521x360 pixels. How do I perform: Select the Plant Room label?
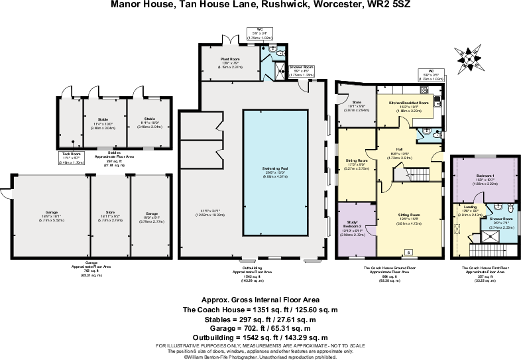[229, 59]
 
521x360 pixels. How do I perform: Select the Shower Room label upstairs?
[501, 218]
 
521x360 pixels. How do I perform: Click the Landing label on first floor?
[467, 206]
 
